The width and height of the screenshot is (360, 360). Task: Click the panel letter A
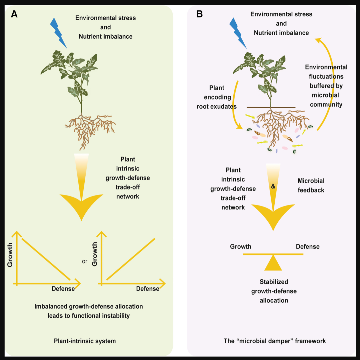click(x=14, y=14)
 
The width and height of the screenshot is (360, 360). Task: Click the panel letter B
click(x=199, y=14)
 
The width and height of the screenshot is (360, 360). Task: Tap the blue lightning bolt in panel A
click(x=58, y=33)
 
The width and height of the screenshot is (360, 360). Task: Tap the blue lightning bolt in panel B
click(x=238, y=33)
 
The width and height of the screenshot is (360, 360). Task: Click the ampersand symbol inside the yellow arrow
click(x=273, y=186)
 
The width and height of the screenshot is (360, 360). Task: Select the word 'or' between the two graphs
click(x=85, y=261)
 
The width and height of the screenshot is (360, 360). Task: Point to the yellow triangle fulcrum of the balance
click(x=273, y=263)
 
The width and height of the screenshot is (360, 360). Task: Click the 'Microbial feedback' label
click(x=311, y=185)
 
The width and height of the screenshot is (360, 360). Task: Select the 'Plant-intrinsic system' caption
click(x=85, y=341)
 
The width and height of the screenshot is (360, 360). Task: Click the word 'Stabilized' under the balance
click(x=274, y=282)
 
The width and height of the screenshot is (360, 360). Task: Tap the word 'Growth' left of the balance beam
click(x=241, y=246)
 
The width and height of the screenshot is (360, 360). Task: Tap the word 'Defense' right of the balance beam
click(x=308, y=246)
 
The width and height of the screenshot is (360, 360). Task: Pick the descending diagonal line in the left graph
click(x=46, y=259)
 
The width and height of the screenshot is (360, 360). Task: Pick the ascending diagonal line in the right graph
click(x=131, y=259)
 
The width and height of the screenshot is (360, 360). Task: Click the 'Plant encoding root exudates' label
click(x=217, y=97)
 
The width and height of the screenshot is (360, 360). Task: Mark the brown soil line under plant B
click(x=271, y=107)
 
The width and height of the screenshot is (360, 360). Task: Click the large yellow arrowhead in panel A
click(x=82, y=205)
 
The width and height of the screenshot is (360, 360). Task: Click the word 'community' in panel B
click(x=326, y=105)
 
